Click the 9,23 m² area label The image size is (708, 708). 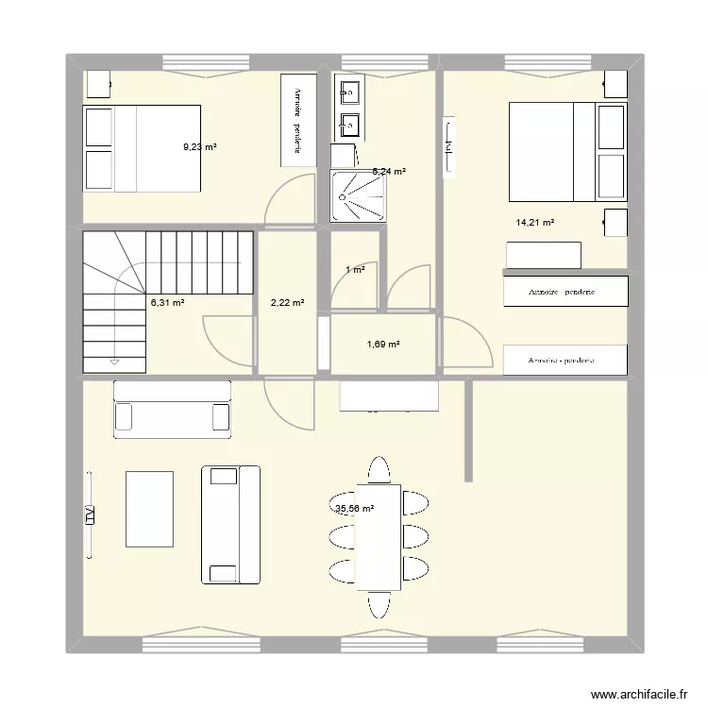pos(200,147)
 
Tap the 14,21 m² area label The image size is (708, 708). pos(534,223)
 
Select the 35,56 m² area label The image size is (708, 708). pos(354,509)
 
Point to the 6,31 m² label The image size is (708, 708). pos(168,303)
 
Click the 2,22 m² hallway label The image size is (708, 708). pos(287,303)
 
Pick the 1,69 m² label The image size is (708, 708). pos(383,344)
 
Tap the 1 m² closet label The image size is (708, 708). pos(355,270)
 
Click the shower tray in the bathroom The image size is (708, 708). pos(359,195)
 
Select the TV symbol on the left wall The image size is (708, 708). pos(90,514)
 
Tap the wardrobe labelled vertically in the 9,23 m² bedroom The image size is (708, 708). pos(297,120)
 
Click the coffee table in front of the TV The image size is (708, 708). pos(150,509)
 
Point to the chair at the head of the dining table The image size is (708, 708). pos(379,470)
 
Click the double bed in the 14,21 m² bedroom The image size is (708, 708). pos(566,151)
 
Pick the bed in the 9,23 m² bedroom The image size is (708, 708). pos(143,148)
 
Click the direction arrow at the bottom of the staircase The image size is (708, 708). pos(114,361)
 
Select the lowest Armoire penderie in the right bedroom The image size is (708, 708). pos(565,361)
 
